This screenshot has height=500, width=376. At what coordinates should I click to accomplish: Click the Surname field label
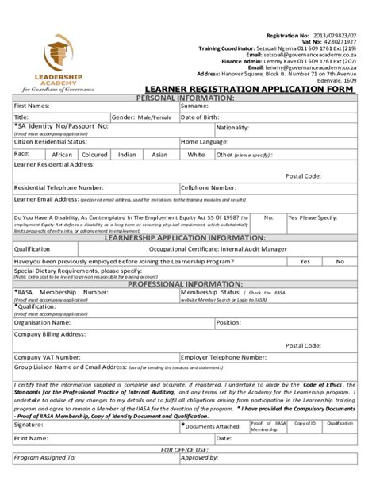pyautogui.click(x=194, y=106)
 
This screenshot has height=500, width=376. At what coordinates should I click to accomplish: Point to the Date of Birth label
pyautogui.click(x=200, y=117)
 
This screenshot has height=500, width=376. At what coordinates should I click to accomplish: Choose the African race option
pyautogui.click(x=62, y=155)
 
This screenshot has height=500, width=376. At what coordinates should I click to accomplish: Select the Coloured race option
pyautogui.click(x=94, y=155)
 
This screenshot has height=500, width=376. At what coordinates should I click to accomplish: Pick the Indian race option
pyautogui.click(x=127, y=155)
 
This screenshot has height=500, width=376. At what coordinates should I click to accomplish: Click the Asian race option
pyautogui.click(x=159, y=155)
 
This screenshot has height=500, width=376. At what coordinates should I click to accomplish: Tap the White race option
pyautogui.click(x=196, y=155)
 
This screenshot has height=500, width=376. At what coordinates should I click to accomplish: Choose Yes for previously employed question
pyautogui.click(x=305, y=260)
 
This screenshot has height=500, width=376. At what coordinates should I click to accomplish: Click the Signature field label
pyautogui.click(x=29, y=425)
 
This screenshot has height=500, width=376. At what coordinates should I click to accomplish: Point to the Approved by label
pyautogui.click(x=200, y=458)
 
